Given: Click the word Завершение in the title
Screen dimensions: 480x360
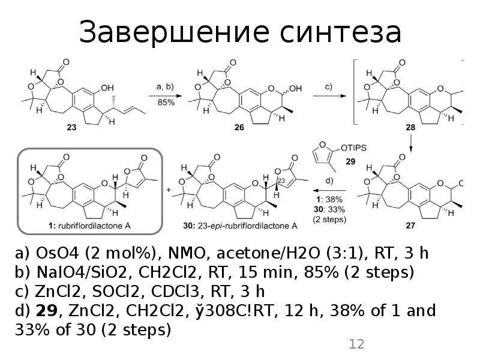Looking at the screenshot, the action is pyautogui.click(x=174, y=32).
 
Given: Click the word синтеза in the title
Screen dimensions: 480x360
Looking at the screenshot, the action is pyautogui.click(x=340, y=32).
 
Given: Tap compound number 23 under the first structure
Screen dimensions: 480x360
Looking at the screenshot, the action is pyautogui.click(x=71, y=127).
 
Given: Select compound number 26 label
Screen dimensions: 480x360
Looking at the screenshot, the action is pyautogui.click(x=239, y=127).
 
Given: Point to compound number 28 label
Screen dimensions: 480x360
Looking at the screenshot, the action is pyautogui.click(x=410, y=127).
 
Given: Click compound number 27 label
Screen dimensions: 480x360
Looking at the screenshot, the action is pyautogui.click(x=410, y=226).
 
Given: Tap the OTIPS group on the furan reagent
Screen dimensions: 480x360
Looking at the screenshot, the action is pyautogui.click(x=353, y=148).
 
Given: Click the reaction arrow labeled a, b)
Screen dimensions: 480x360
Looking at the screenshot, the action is pyautogui.click(x=166, y=96).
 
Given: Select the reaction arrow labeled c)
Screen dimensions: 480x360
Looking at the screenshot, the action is pyautogui.click(x=329, y=96).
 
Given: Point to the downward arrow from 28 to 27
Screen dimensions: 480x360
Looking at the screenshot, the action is pyautogui.click(x=410, y=143).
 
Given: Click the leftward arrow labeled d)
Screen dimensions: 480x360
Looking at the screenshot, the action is pyautogui.click(x=329, y=190).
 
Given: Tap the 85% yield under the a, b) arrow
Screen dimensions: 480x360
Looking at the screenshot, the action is pyautogui.click(x=166, y=103).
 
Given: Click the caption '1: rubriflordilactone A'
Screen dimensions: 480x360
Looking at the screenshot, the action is pyautogui.click(x=89, y=226).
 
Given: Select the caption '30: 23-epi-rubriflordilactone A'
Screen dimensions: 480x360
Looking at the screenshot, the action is pyautogui.click(x=241, y=226).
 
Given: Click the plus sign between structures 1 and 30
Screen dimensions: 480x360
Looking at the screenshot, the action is pyautogui.click(x=169, y=190).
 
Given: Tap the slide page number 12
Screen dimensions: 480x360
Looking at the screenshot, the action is pyautogui.click(x=356, y=344).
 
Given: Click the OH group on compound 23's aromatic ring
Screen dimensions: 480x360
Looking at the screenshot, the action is pyautogui.click(x=107, y=88).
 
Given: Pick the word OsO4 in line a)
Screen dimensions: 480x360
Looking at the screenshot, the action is pyautogui.click(x=58, y=253).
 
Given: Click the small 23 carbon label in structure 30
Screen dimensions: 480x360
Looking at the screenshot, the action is pyautogui.click(x=281, y=181).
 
